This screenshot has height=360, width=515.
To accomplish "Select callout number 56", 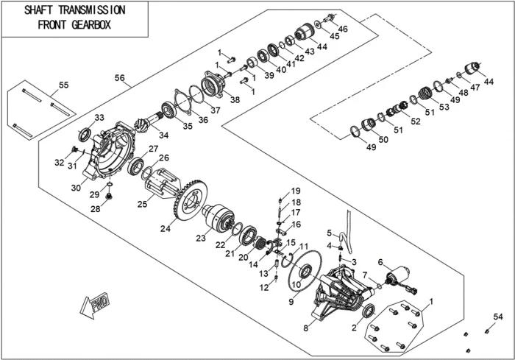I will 120,77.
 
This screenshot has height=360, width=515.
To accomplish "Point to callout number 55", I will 63,85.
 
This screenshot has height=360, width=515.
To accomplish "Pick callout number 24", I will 166,229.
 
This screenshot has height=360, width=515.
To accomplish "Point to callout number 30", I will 76,187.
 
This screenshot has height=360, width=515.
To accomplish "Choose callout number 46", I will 343,29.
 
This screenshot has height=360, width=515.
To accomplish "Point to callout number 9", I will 290,301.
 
